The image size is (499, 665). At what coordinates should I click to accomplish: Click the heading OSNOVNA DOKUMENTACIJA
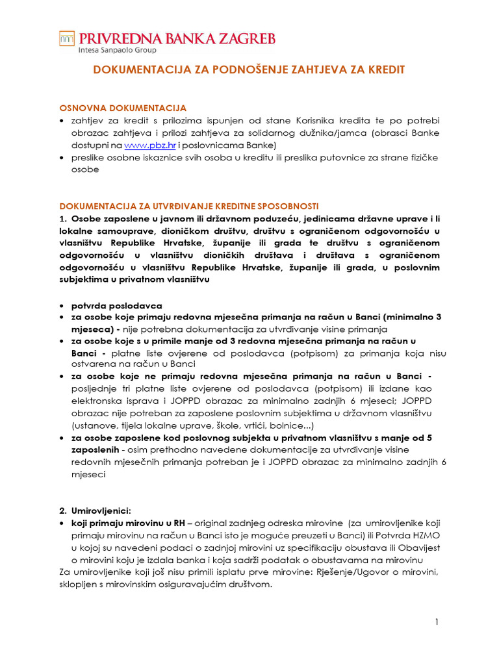click(123, 108)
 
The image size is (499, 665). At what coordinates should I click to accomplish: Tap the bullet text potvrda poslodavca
click(116, 305)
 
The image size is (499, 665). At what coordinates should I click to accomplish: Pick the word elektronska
click(98, 401)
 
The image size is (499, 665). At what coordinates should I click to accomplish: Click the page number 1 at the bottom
click(437, 622)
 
